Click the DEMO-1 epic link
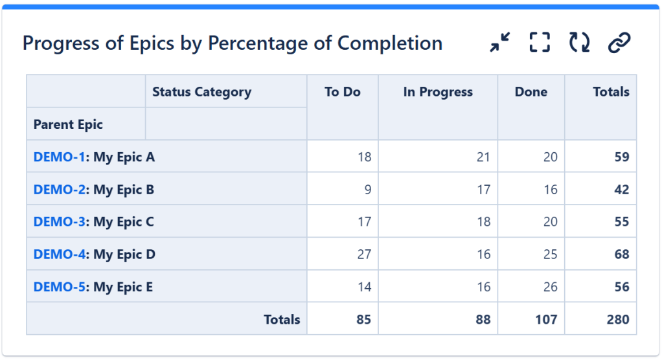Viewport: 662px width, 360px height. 59,157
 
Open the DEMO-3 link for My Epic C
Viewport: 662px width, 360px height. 59,222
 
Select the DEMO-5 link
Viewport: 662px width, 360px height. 59,287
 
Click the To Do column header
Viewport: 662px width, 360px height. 343,92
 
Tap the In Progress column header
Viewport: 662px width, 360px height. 438,92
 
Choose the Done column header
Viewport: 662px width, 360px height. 531,92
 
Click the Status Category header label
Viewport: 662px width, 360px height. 201,92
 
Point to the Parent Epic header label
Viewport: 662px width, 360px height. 68,124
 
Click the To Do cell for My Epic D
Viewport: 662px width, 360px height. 364,254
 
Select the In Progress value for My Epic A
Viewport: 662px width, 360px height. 483,157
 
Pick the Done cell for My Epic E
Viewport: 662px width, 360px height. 550,287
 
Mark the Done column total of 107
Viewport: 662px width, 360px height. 546,319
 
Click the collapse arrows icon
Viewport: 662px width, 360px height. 499,43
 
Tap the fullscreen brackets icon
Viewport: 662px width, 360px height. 540,43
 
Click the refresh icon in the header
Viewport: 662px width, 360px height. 579,43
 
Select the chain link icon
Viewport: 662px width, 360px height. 619,43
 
